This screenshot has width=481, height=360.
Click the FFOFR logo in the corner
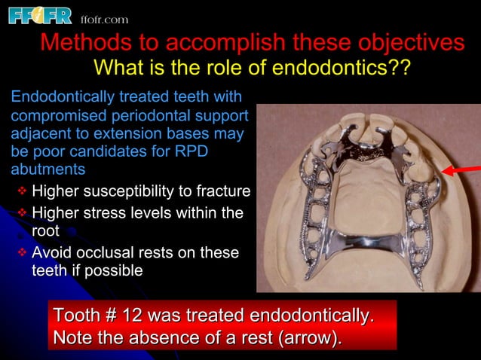40,16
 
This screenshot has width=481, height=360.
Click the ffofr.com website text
105,19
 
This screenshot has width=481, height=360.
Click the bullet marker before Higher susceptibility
22,189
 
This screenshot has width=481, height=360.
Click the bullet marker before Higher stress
22,215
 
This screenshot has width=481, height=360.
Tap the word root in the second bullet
44,232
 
